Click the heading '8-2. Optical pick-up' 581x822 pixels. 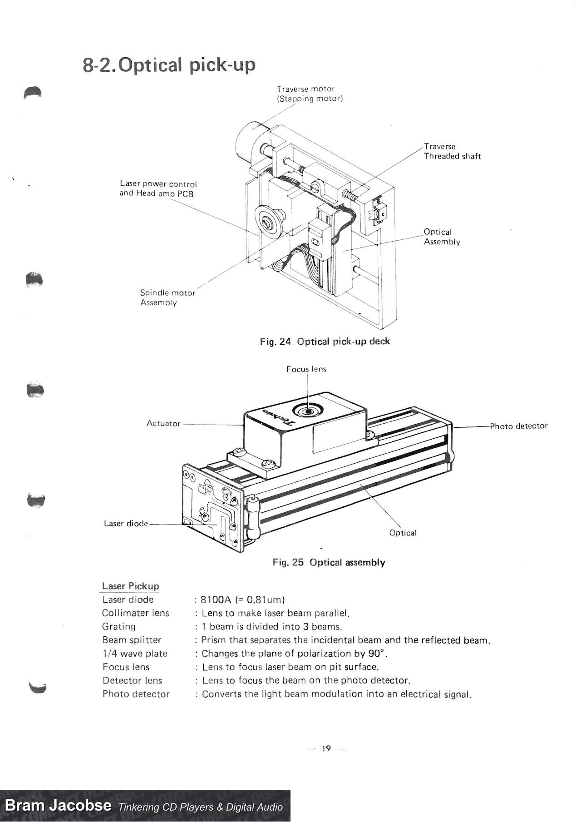(x=169, y=65)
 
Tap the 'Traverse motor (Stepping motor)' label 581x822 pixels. (x=309, y=94)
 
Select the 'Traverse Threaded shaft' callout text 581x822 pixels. (x=452, y=151)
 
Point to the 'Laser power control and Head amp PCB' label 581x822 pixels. (x=158, y=188)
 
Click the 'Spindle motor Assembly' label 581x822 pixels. (x=167, y=297)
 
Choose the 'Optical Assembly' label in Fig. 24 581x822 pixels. (x=442, y=237)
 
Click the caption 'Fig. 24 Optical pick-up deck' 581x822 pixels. (x=325, y=342)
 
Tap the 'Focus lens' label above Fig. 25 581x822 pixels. (x=306, y=369)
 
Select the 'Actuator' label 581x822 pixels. (x=163, y=423)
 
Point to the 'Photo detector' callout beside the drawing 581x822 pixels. (x=518, y=426)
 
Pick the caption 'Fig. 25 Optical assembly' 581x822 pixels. (x=329, y=562)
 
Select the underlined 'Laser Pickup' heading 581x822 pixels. (x=130, y=586)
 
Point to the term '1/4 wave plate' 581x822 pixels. (x=135, y=654)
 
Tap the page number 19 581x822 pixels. (x=326, y=748)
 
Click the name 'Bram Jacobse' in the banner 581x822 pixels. (x=58, y=805)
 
